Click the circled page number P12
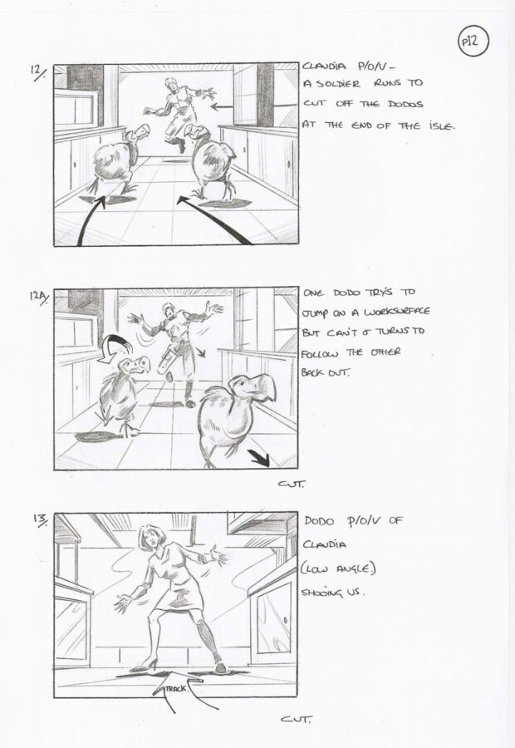point(473,42)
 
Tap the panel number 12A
point(40,298)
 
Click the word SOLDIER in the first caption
point(337,84)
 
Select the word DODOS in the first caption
point(405,104)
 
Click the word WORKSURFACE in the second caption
point(397,312)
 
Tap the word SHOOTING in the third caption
point(321,593)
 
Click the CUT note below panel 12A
point(291,484)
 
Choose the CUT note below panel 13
point(297,720)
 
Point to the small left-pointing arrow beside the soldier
point(222,106)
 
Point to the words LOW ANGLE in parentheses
point(337,569)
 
